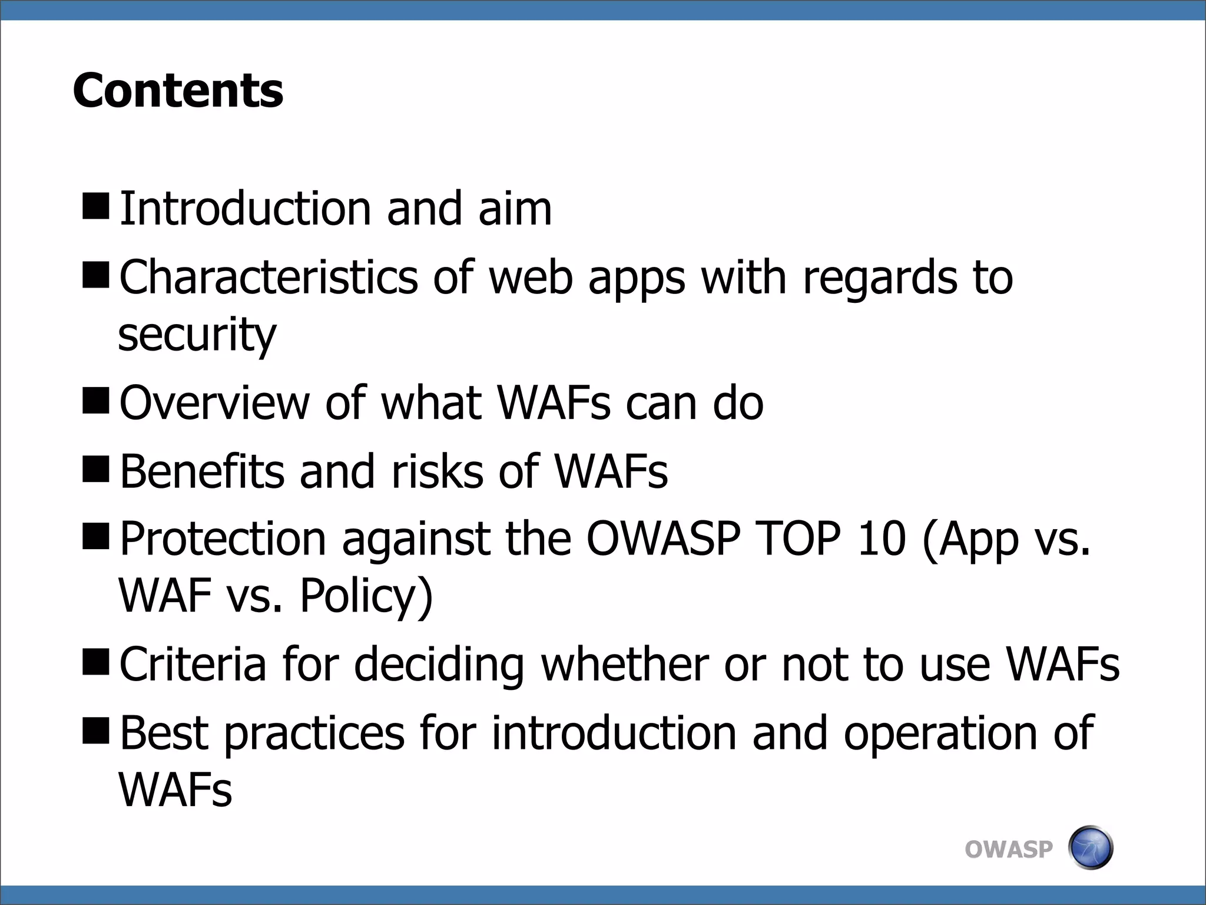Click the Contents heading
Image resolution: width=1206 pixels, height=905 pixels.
click(178, 91)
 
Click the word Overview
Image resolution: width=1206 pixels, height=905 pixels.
click(214, 403)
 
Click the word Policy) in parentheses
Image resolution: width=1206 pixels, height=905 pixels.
click(366, 596)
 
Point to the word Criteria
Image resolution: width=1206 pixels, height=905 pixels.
click(193, 665)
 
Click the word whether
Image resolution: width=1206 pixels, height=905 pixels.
click(624, 665)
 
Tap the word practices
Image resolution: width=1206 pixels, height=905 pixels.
click(314, 734)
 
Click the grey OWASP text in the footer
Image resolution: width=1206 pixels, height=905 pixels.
click(1008, 850)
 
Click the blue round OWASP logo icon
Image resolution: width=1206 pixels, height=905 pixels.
click(1090, 848)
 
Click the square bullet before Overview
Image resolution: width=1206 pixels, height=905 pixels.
click(96, 401)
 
